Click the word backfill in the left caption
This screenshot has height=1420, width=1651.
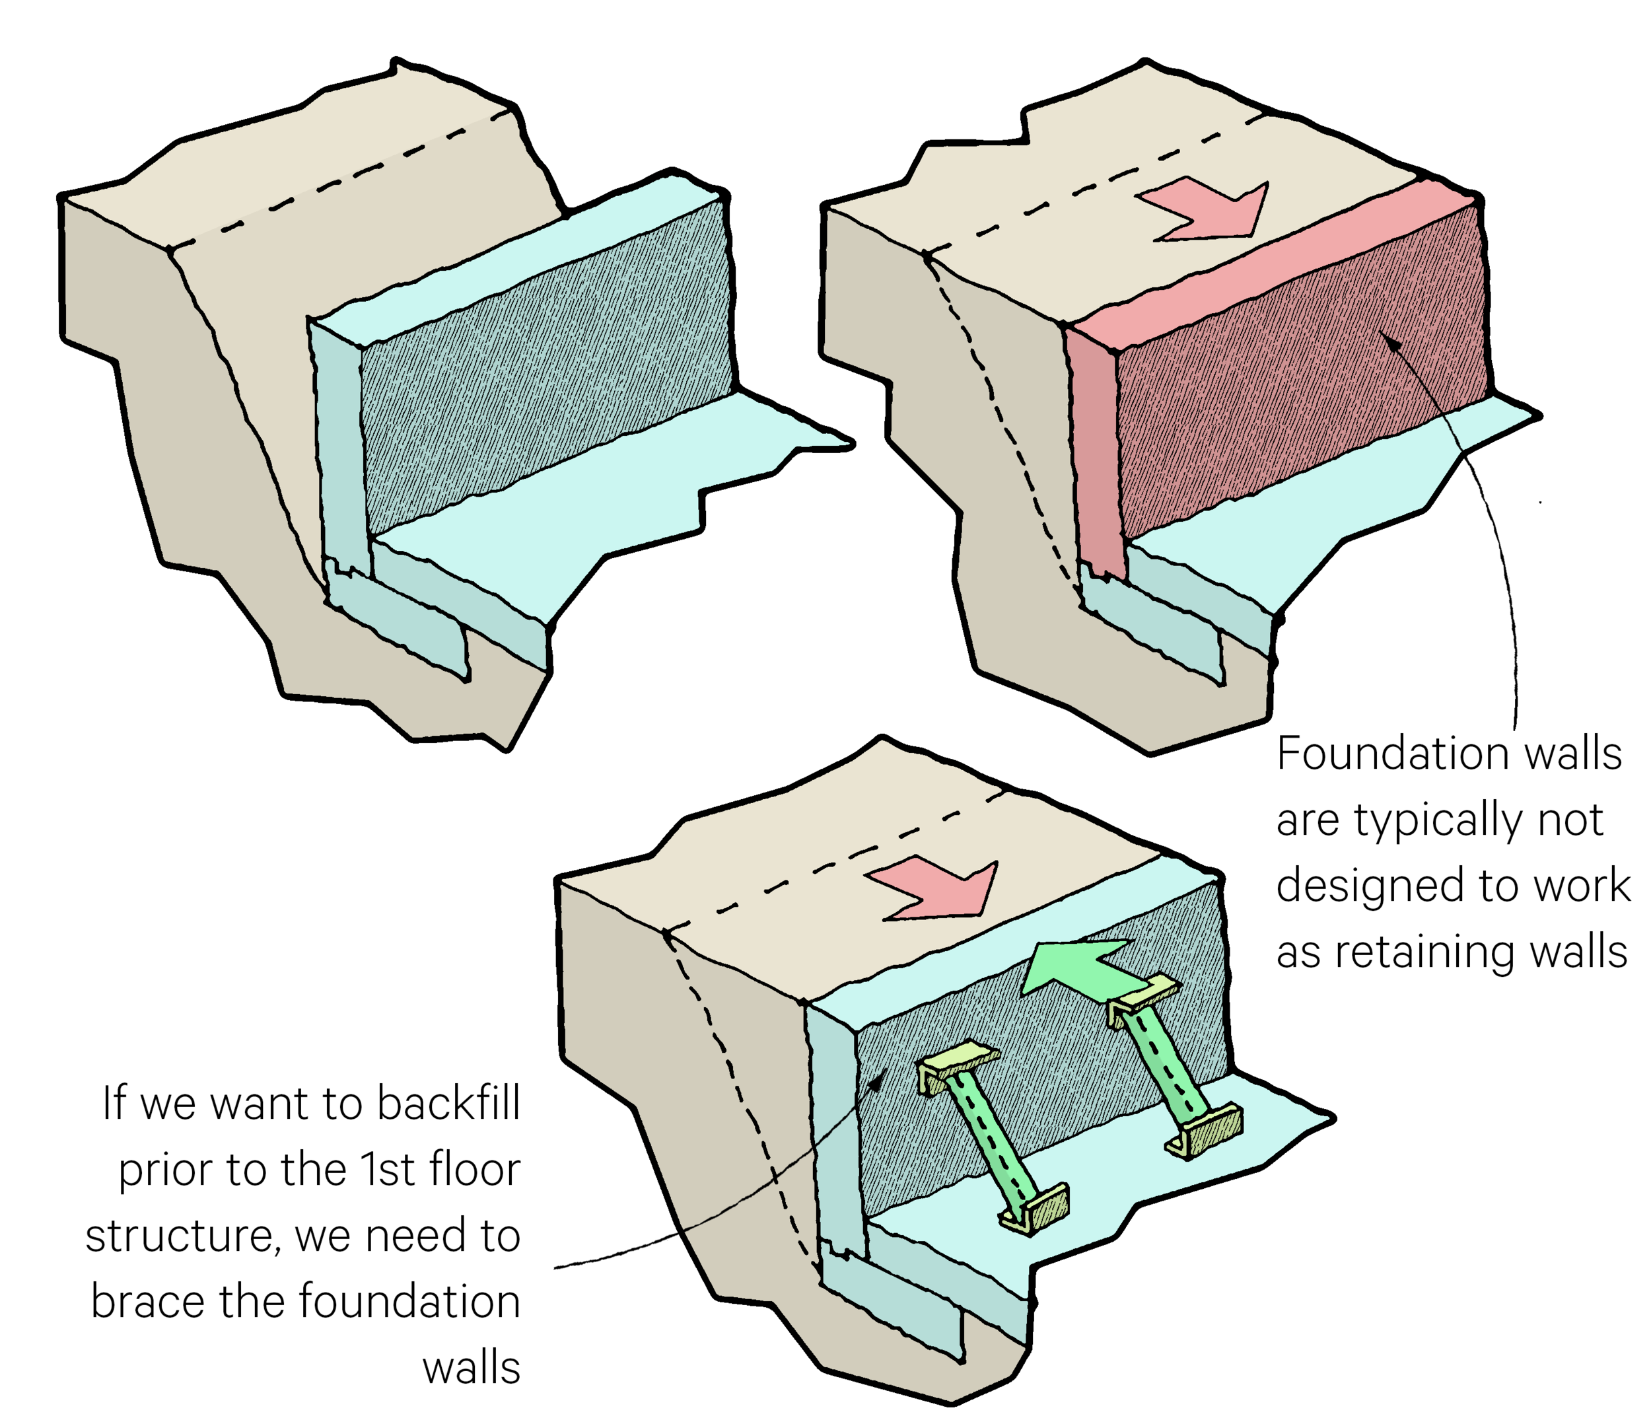click(x=448, y=1104)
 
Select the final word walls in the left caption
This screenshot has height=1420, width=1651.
click(x=471, y=1369)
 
